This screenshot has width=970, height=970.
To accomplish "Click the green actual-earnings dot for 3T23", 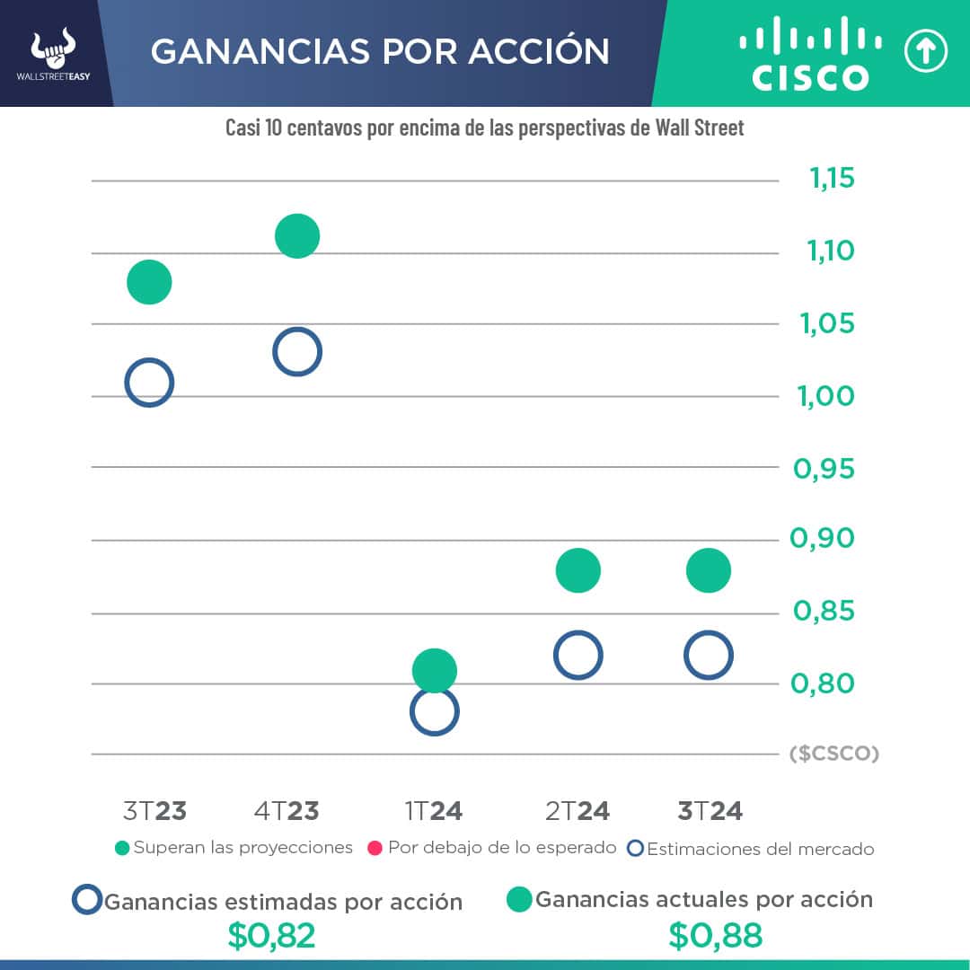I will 149,282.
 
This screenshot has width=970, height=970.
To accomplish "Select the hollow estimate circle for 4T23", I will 297,351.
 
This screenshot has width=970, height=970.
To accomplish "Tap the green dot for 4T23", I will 297,236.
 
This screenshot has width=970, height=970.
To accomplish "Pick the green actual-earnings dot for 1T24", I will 435,670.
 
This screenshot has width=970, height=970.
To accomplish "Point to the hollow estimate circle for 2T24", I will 578,655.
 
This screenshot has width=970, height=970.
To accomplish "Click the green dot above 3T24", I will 708,570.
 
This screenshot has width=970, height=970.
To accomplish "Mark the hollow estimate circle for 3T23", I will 149,383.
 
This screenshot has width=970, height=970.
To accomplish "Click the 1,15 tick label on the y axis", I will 832,179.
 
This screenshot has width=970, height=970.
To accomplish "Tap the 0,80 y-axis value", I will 823,683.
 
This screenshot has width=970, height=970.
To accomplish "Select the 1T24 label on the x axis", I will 434,811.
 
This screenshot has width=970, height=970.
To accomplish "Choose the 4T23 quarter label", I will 287,811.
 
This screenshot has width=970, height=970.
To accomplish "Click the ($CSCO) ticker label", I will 833,754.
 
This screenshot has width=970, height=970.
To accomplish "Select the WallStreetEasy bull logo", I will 53,52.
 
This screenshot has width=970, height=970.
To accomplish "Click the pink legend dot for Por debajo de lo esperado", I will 375,848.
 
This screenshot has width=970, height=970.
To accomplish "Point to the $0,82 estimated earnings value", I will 271,936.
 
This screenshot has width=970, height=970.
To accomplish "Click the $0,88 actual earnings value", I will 715,936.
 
